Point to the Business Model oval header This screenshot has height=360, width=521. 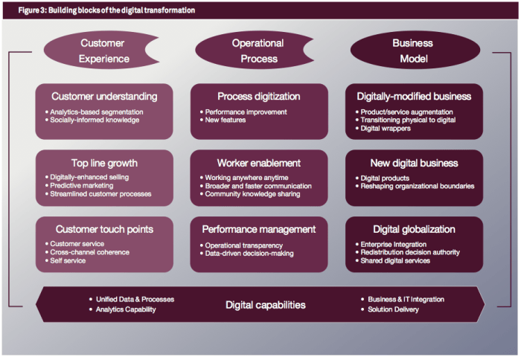coord(415,51)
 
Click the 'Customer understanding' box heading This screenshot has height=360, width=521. coord(104,96)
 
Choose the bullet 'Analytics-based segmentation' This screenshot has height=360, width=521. coord(97,112)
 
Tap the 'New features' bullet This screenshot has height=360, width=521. coord(226,120)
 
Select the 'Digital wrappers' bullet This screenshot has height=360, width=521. coord(386,128)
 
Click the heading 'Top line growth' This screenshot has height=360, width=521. coord(104,163)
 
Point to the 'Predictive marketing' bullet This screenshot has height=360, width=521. coord(81,185)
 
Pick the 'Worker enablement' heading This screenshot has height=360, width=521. coord(259,163)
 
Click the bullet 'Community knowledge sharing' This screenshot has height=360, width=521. coord(252,194)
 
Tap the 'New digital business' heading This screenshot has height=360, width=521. coord(415,163)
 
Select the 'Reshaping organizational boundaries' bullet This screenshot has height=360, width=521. coord(418,186)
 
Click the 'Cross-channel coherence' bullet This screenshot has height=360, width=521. coord(90,252)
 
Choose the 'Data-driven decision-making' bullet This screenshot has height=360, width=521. coord(249,254)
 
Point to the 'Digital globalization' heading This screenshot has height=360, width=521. coord(414,229)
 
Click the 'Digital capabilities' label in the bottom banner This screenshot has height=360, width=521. coord(266,305)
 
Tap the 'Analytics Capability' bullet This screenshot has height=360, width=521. coord(126,309)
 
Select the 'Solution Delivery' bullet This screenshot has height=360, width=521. coord(393,309)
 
